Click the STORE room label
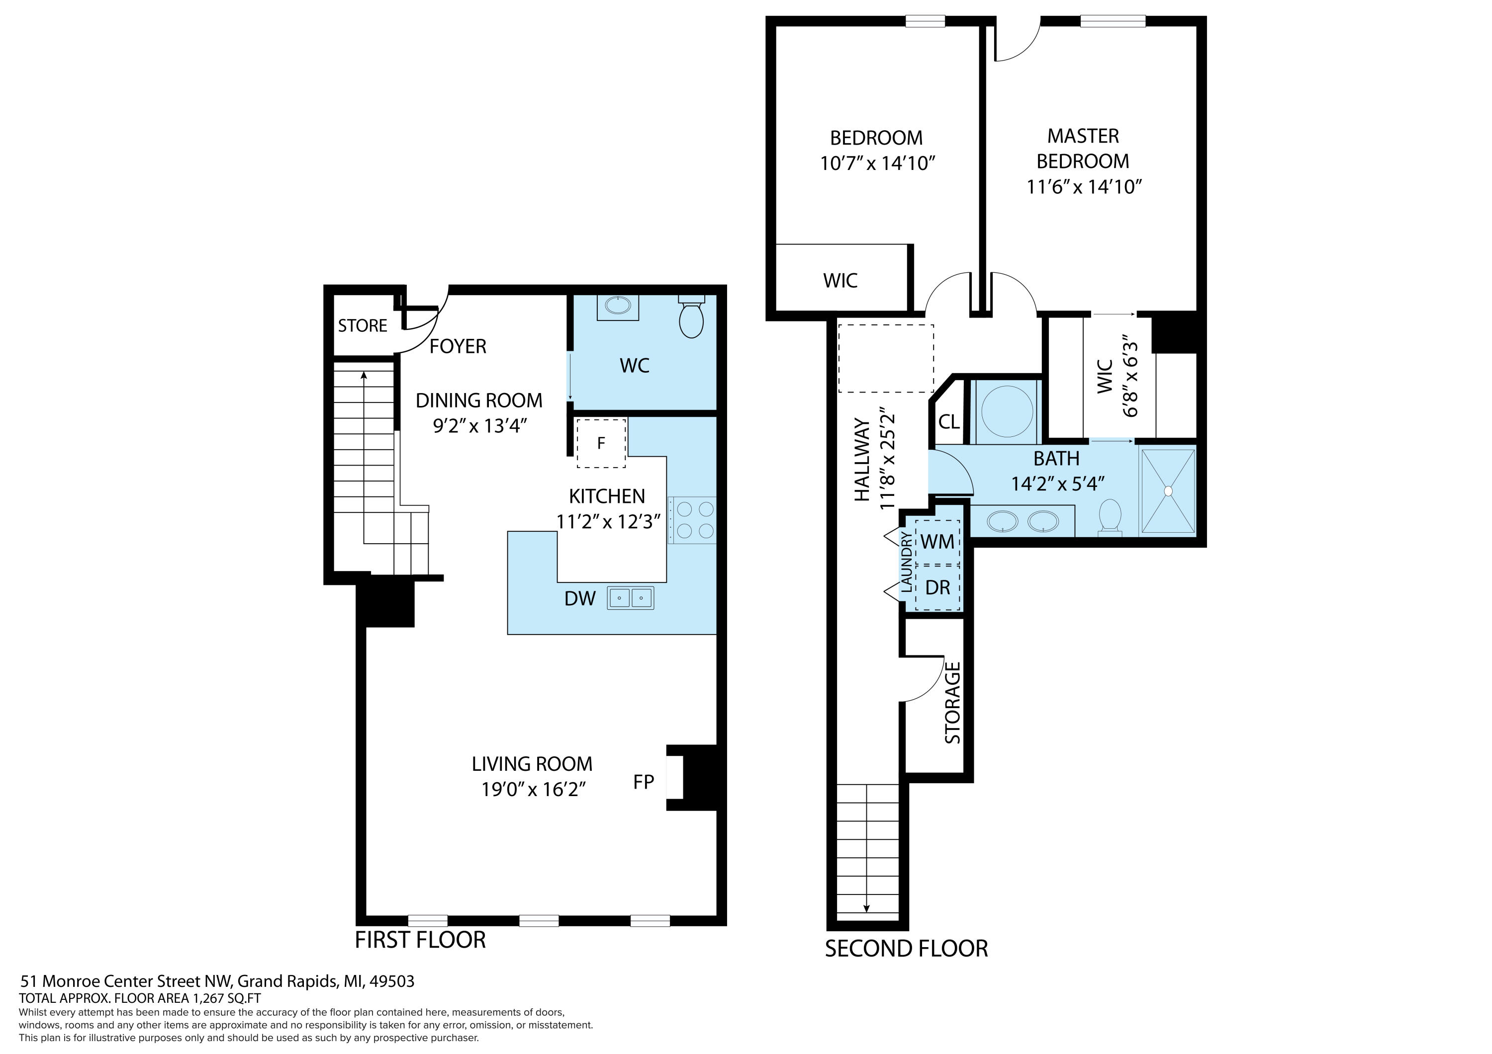[363, 325]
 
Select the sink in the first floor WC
[617, 307]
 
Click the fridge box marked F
[601, 443]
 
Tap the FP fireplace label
[644, 782]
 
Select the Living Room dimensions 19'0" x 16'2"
[534, 789]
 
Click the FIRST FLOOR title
[420, 940]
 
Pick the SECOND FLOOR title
[907, 949]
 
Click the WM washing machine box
[937, 541]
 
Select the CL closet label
[949, 422]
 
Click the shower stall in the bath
[1168, 491]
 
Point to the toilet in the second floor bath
[1109, 518]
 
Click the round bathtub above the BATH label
[1007, 411]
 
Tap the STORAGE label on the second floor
[953, 703]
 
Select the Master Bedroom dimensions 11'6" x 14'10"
[1084, 187]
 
